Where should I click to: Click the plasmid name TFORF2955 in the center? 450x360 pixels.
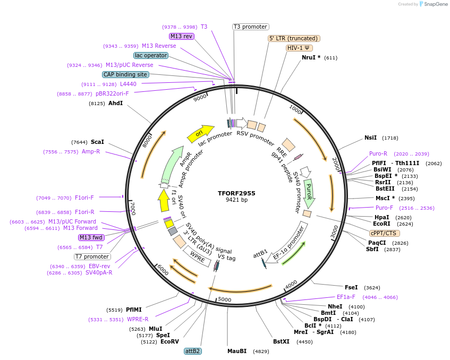pyautogui.click(x=236, y=193)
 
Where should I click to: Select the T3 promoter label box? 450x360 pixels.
pyautogui.click(x=251, y=27)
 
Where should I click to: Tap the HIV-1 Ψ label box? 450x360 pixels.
pyautogui.click(x=299, y=48)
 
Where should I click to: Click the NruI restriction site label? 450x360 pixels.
pyautogui.click(x=311, y=57)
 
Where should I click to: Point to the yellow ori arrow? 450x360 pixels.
pyautogui.click(x=200, y=133)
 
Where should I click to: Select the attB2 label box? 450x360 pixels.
pyautogui.click(x=192, y=351)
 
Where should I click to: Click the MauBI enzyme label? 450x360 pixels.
pyautogui.click(x=237, y=351)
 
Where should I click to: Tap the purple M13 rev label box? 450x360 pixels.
pyautogui.click(x=182, y=36)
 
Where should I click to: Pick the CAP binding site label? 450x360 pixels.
pyautogui.click(x=125, y=74)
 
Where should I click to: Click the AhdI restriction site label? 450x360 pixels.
pyautogui.click(x=115, y=103)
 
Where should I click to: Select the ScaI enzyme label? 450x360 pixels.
pyautogui.click(x=97, y=142)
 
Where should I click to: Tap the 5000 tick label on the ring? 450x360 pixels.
pyautogui.click(x=225, y=299)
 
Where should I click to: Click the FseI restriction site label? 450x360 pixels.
pyautogui.click(x=351, y=287)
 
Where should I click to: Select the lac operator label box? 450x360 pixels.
pyautogui.click(x=151, y=55)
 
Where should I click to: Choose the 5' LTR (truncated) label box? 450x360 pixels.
pyautogui.click(x=293, y=38)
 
